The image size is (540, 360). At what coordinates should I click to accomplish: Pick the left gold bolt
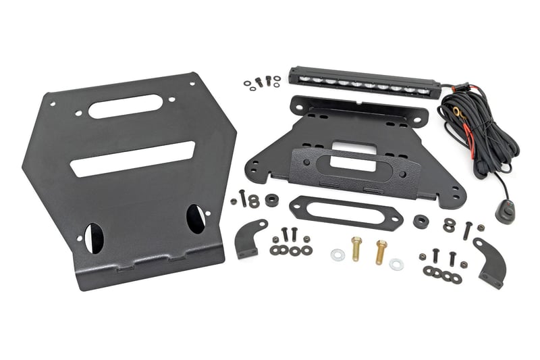356,249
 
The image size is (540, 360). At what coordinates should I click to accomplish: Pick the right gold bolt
381,251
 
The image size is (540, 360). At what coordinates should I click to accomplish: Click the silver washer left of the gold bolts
337,255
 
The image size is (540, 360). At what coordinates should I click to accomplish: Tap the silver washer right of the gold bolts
396,264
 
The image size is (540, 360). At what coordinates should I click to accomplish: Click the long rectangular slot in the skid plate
132,158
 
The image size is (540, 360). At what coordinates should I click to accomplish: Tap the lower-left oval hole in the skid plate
94,238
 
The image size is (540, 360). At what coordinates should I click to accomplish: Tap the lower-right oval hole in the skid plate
195,218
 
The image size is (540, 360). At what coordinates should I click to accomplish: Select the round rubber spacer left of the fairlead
271,200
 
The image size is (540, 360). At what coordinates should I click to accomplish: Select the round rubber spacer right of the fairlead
421,221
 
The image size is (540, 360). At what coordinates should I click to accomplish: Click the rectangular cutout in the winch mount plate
345,147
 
